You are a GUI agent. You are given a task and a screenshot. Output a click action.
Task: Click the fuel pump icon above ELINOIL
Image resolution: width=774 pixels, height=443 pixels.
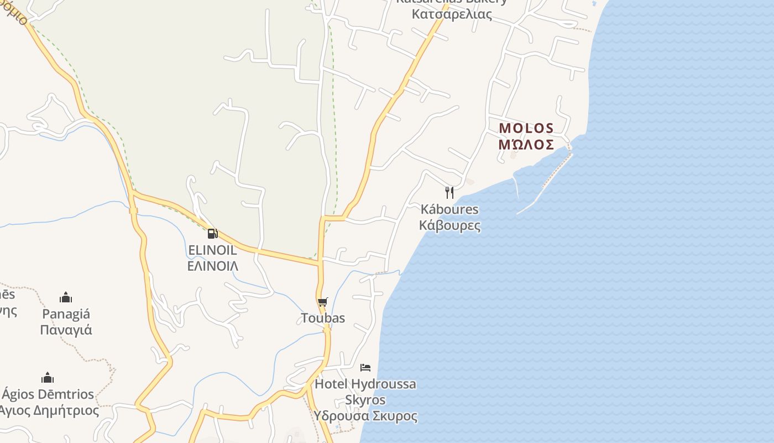[x=212, y=234]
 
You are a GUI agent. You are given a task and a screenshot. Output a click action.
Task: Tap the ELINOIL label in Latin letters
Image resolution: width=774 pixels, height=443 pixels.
[x=212, y=250]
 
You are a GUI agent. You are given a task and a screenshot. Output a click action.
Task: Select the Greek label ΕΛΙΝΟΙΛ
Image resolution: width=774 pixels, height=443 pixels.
[x=213, y=266]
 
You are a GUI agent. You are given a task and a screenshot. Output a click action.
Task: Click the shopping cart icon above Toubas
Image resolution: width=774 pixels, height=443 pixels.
[x=323, y=302]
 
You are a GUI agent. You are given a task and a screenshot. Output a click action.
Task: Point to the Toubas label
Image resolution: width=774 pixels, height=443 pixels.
[x=323, y=318]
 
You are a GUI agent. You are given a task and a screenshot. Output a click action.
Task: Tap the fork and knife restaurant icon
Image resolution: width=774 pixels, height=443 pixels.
[x=449, y=193]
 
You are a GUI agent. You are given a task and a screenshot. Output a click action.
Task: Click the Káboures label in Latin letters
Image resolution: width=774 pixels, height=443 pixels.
[x=449, y=209]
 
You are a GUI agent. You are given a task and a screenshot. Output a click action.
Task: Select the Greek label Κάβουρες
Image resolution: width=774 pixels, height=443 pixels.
[x=449, y=225]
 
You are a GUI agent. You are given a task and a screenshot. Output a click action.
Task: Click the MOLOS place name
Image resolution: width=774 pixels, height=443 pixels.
[x=526, y=128]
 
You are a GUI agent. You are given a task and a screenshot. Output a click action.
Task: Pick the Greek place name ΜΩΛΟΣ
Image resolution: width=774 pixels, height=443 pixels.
[x=526, y=145]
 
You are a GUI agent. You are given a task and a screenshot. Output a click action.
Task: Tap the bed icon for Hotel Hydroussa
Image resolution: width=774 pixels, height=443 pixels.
[x=365, y=367]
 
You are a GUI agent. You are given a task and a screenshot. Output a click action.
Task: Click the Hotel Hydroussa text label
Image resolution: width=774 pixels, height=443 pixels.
[x=365, y=384]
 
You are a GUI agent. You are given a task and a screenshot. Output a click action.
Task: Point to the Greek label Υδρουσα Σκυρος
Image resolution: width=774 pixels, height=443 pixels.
[x=365, y=416]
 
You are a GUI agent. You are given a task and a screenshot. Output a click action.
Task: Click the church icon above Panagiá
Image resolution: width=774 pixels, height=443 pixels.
[x=66, y=298]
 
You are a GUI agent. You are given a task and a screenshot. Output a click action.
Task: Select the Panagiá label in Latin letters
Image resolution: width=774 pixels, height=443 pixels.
[x=66, y=314]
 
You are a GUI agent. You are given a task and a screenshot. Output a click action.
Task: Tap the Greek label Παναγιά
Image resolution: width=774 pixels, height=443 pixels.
[x=66, y=330]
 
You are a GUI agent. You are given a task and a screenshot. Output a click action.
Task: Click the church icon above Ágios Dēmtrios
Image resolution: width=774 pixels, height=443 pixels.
[x=48, y=378]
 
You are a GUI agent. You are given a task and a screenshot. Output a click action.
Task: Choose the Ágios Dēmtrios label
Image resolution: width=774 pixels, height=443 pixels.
[x=48, y=394]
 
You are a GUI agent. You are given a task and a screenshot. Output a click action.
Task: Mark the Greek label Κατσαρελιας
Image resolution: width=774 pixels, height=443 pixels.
[x=452, y=14]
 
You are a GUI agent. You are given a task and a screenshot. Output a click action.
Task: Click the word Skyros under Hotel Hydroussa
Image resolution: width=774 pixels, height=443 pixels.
[x=365, y=400]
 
